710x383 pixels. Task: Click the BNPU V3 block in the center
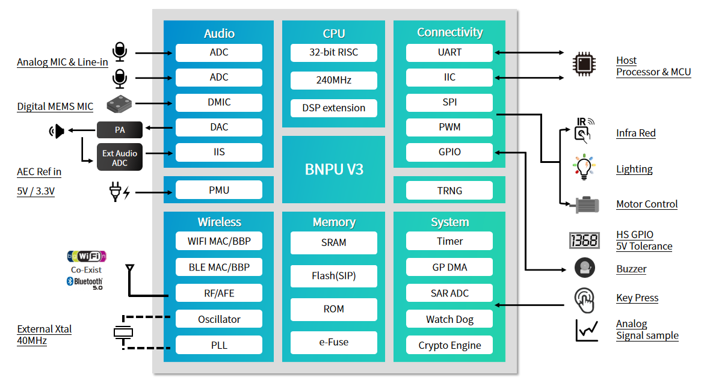pyautogui.click(x=333, y=169)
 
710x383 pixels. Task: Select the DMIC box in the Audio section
pyautogui.click(x=219, y=102)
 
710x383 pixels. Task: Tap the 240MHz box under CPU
pyautogui.click(x=333, y=80)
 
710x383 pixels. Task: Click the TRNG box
pyautogui.click(x=449, y=191)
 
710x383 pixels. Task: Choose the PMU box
pyautogui.click(x=219, y=191)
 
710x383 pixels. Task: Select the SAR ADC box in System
pyautogui.click(x=449, y=293)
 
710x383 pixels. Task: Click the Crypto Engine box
pyautogui.click(x=449, y=345)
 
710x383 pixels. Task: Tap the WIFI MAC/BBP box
pyautogui.click(x=219, y=242)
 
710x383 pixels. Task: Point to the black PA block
pyautogui.click(x=120, y=130)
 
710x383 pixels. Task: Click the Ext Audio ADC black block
pyautogui.click(x=120, y=158)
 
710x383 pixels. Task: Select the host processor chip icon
pyautogui.click(x=583, y=64)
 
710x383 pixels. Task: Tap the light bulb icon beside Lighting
pyautogui.click(x=583, y=168)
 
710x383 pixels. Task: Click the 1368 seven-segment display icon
pyautogui.click(x=584, y=241)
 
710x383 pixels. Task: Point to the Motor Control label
pyautogui.click(x=647, y=204)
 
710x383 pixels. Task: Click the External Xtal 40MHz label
pyautogui.click(x=44, y=335)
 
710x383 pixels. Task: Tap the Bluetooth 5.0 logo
pyautogui.click(x=85, y=283)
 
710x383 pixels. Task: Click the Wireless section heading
pyautogui.click(x=219, y=222)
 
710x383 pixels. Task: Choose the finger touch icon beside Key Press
pyautogui.click(x=584, y=299)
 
